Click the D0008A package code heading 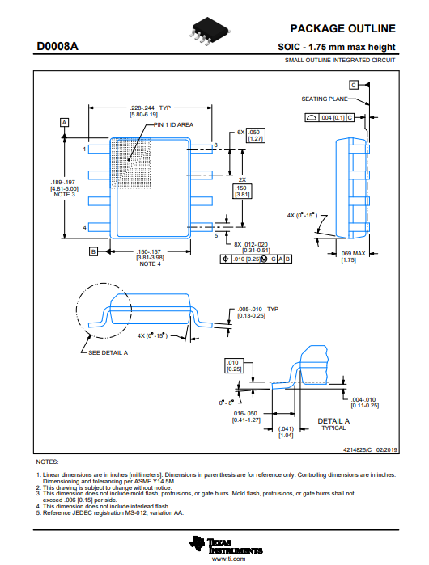tap(57, 47)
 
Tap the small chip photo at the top tap(209, 31)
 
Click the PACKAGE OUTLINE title tap(342, 28)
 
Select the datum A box tap(64, 123)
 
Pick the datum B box tap(93, 251)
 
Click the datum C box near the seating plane tap(354, 85)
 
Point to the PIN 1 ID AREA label tap(173, 124)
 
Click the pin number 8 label tap(216, 145)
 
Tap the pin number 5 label tap(216, 236)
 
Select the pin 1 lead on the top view tap(99, 149)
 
